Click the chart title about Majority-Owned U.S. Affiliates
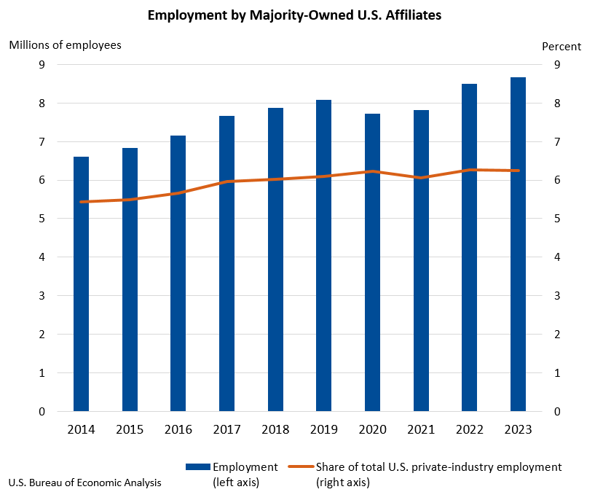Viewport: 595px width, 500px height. (x=293, y=15)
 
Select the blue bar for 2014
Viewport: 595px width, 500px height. (x=81, y=284)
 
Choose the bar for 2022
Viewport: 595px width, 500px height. (x=469, y=248)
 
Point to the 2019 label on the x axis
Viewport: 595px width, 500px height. (x=323, y=429)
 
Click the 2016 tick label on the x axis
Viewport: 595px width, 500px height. (x=178, y=429)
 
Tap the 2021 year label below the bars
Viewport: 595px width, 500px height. (x=421, y=429)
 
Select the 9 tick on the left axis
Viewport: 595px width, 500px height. (x=42, y=65)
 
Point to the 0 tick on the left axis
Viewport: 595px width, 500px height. (x=42, y=412)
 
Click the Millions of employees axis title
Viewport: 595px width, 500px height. (x=65, y=45)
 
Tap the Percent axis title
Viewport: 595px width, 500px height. (x=561, y=47)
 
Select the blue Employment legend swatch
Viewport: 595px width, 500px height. (x=197, y=467)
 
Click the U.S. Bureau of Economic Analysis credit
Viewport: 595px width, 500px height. (x=85, y=483)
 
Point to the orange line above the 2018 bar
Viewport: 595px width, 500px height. (x=275, y=179)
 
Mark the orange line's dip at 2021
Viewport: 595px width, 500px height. (x=421, y=178)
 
